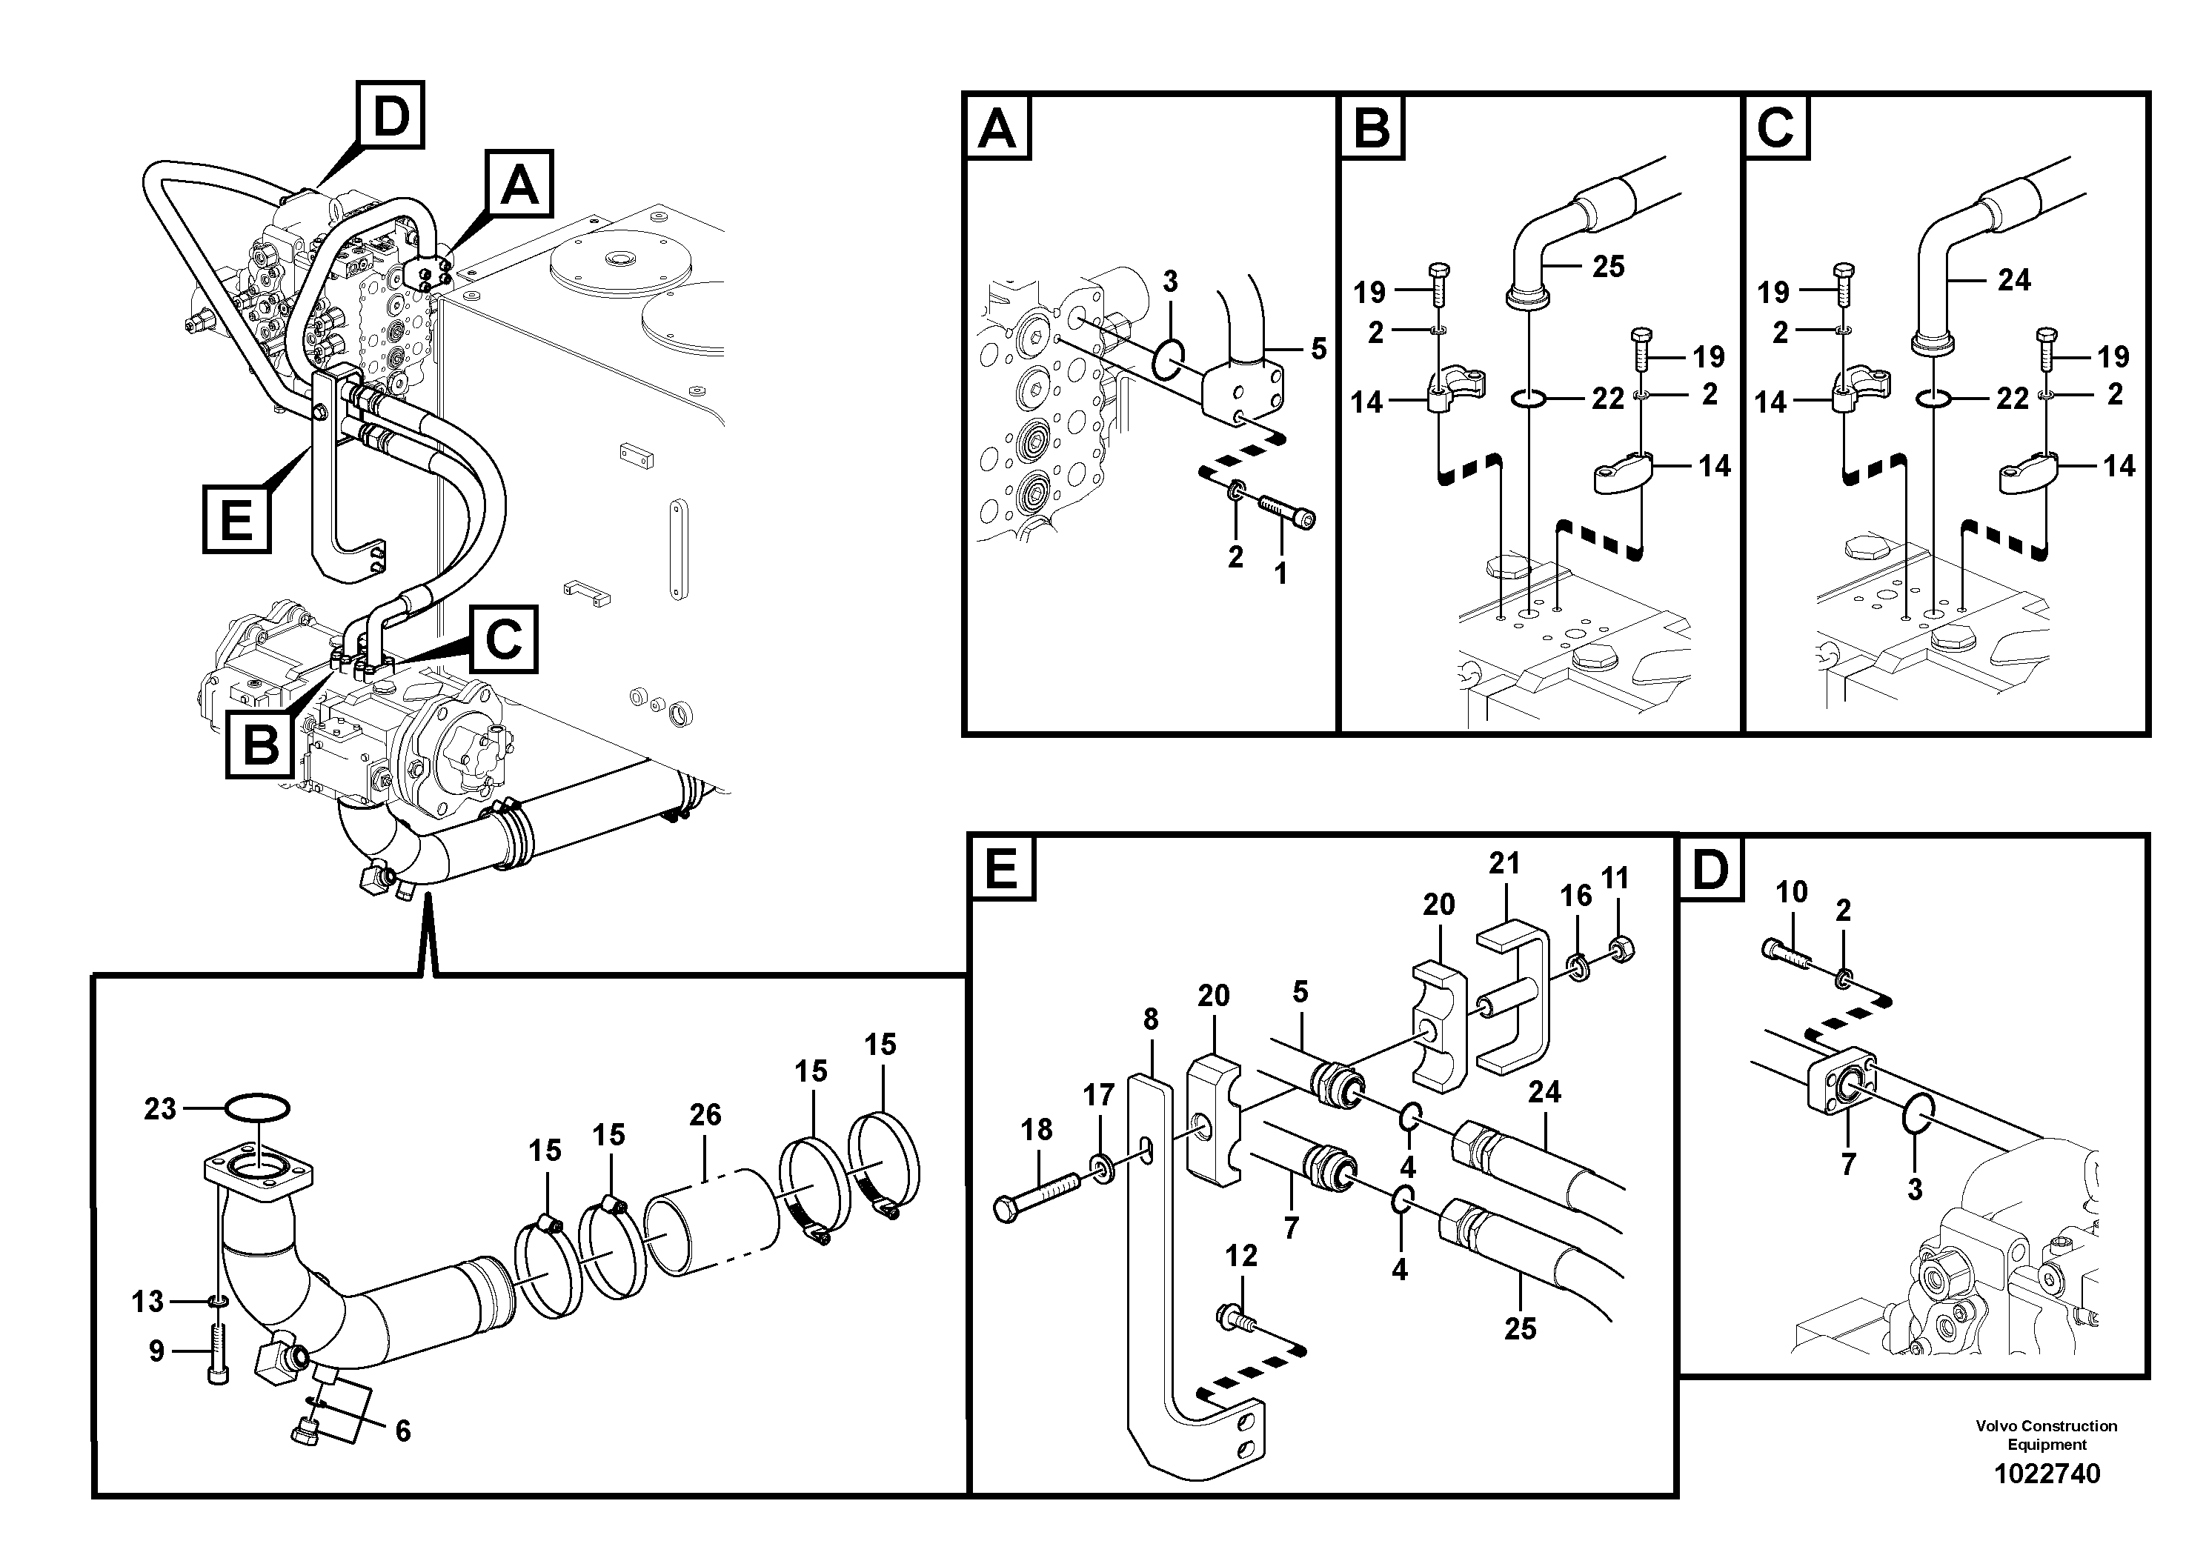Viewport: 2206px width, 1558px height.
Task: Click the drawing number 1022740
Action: [2047, 1474]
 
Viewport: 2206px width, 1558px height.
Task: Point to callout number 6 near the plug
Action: [402, 1431]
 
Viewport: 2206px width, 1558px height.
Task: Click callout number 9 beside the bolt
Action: [156, 1351]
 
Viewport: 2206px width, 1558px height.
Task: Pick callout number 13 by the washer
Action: [148, 1302]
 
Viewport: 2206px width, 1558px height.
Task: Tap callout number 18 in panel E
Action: [1036, 1130]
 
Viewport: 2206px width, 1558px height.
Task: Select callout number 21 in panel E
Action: [1504, 864]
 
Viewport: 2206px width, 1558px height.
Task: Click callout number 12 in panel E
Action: [1241, 1256]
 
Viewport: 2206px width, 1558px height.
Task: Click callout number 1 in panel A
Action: [1279, 573]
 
